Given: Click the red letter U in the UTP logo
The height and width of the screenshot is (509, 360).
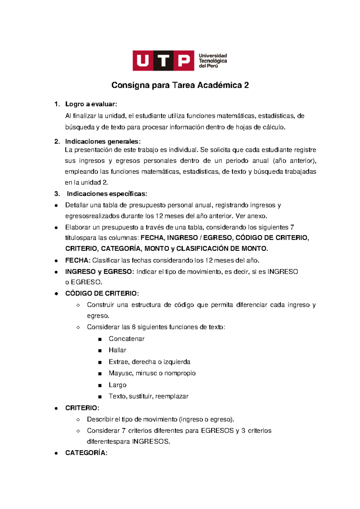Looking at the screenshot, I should (x=143, y=61).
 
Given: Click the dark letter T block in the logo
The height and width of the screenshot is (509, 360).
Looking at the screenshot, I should (x=163, y=61).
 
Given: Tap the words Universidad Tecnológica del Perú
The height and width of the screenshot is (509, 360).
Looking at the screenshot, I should (x=213, y=61).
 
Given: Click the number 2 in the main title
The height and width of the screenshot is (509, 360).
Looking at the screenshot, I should (x=246, y=86).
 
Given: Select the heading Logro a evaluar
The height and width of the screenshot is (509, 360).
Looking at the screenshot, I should (x=91, y=104).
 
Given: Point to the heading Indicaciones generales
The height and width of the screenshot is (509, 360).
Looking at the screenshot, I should (x=103, y=141).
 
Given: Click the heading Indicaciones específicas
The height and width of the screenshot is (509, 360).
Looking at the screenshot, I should (x=107, y=194).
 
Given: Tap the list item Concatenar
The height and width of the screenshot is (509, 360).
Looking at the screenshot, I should (x=126, y=339).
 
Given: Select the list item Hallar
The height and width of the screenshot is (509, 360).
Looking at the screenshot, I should (x=117, y=350).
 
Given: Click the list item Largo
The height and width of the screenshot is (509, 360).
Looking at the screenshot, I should (x=117, y=385).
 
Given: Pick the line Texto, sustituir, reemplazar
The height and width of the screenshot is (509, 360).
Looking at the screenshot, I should (x=148, y=396).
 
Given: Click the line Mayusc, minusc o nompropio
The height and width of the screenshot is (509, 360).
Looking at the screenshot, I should (x=152, y=373).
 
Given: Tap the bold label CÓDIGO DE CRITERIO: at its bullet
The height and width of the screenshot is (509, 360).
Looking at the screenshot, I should (x=102, y=294).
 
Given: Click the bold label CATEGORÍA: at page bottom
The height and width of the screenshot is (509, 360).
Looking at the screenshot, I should (x=86, y=453).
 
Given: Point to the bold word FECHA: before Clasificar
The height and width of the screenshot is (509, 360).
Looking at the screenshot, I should (x=78, y=261).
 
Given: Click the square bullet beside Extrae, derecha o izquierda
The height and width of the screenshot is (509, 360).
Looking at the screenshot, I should (x=100, y=362).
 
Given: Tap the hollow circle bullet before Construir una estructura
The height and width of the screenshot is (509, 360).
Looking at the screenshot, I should (x=78, y=305).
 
